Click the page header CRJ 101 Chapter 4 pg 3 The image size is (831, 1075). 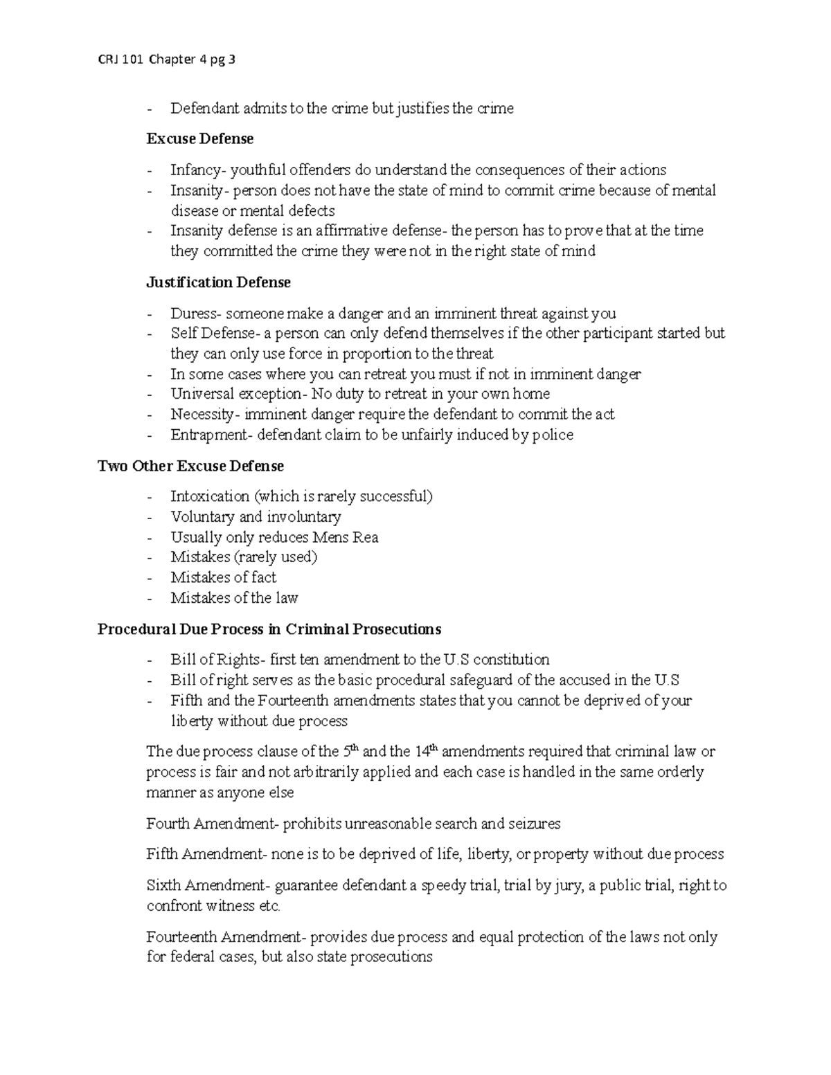(167, 60)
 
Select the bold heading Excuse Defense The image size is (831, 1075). (199, 139)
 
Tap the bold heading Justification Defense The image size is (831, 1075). (218, 282)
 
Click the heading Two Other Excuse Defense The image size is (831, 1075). (190, 466)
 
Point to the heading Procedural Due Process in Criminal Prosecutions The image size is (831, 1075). (269, 629)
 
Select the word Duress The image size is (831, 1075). (193, 314)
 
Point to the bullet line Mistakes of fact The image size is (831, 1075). (223, 577)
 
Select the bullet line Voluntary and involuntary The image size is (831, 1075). (256, 517)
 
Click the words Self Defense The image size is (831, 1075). (212, 334)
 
